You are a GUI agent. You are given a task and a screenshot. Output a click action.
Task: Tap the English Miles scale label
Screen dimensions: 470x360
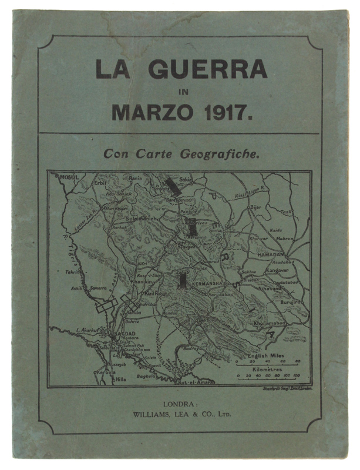click(267, 356)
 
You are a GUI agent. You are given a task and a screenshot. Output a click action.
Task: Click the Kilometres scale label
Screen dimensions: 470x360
click(266, 368)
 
